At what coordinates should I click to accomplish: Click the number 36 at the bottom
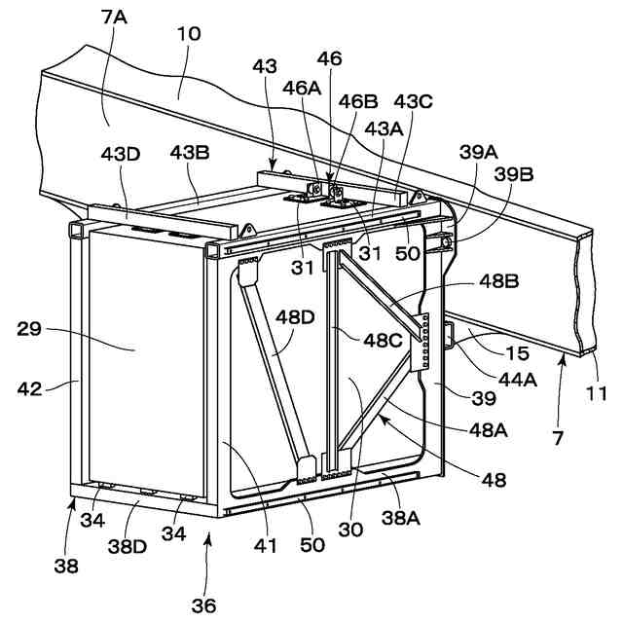(x=202, y=605)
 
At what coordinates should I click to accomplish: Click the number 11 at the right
(x=598, y=394)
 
